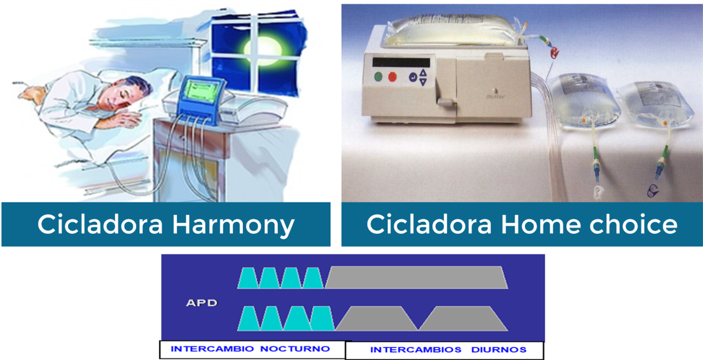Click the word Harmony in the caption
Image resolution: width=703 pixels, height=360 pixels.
tap(233, 225)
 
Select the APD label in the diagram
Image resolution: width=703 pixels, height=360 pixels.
tap(202, 303)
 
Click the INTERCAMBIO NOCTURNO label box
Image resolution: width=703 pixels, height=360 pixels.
tap(252, 349)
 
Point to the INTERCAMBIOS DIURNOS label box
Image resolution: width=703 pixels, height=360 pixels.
tap(445, 350)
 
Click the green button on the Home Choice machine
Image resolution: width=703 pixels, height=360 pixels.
tap(379, 77)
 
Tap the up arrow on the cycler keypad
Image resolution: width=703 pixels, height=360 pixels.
tap(423, 73)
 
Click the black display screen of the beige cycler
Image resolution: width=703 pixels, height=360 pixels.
tap(401, 62)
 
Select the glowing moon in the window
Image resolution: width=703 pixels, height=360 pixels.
tap(263, 51)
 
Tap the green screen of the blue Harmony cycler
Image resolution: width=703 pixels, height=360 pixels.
tap(201, 91)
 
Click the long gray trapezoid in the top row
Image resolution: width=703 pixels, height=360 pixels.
tap(416, 277)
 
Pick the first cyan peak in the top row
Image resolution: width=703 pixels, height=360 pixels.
tap(248, 278)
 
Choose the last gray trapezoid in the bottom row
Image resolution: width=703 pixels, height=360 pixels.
tap(463, 318)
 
